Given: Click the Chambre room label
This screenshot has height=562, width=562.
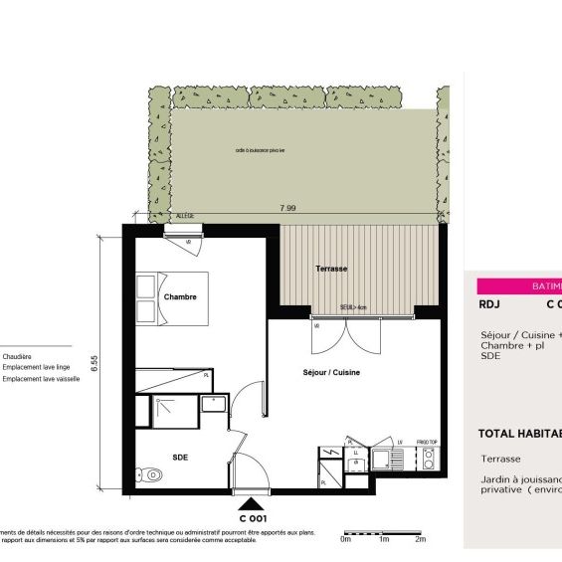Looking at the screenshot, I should [180, 296].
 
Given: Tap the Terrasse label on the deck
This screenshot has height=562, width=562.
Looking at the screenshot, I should [330, 270].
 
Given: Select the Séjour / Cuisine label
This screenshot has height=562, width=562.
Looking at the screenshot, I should [331, 373].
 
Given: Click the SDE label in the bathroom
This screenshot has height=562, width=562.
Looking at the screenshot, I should [180, 457].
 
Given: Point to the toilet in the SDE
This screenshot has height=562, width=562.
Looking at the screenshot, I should [151, 474].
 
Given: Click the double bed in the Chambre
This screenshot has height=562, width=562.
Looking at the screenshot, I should [171, 298].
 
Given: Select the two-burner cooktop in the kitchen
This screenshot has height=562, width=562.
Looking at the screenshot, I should [429, 459].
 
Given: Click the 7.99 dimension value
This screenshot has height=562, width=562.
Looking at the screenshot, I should [287, 208].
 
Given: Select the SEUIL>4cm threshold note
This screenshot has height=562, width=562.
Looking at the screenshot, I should [353, 308].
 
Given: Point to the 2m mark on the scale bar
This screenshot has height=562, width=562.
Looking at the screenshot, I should [420, 540].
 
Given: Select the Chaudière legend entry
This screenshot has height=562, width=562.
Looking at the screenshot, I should [18, 355].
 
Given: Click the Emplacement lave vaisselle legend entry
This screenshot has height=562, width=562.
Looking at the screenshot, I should [41, 378].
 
